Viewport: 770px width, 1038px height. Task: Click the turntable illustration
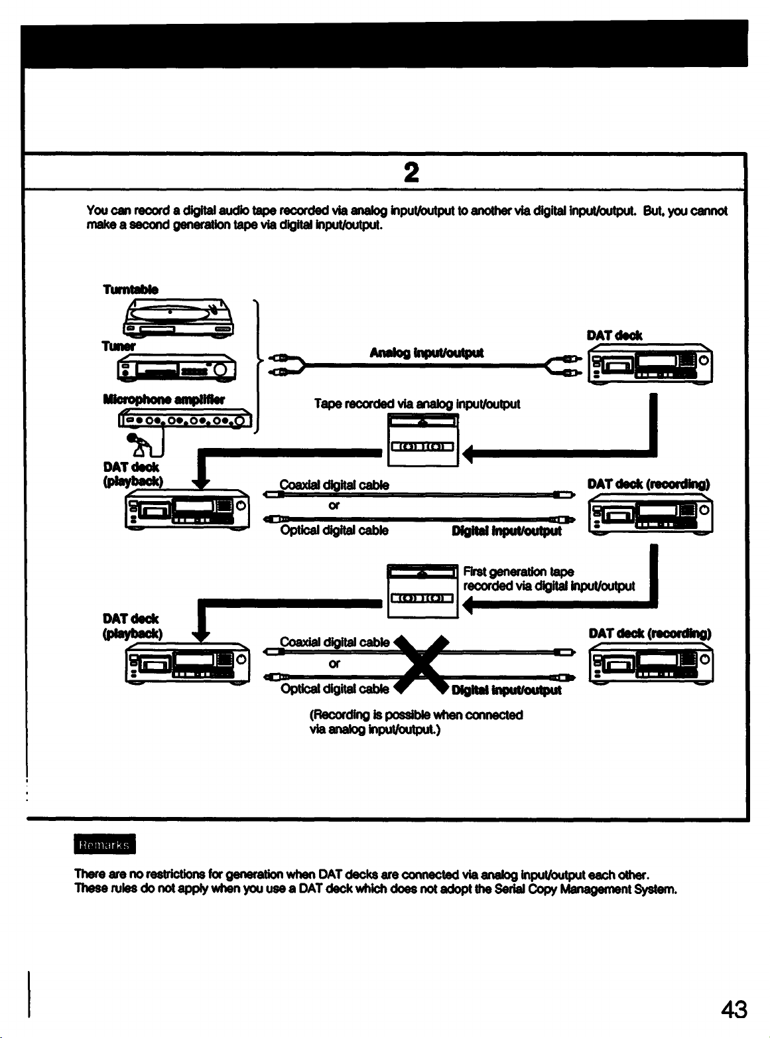[178, 318]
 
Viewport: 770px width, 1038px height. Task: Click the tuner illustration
[177, 368]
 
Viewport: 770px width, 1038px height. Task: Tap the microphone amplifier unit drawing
[185, 418]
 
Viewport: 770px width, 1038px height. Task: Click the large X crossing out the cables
[421, 664]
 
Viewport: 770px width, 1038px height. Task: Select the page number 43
[734, 1009]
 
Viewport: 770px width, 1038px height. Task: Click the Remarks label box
[105, 844]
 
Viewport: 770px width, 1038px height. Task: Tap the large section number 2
[411, 172]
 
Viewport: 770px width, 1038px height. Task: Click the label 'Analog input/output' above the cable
[426, 352]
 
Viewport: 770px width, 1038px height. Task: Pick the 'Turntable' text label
[131, 289]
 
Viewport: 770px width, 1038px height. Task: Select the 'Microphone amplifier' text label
[164, 399]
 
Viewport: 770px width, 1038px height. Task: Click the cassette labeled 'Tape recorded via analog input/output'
[423, 440]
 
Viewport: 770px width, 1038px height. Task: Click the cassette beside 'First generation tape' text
[422, 591]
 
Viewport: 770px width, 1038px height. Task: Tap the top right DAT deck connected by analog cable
[650, 364]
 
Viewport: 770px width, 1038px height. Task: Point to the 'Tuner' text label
[119, 346]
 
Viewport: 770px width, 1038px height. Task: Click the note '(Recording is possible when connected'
[416, 715]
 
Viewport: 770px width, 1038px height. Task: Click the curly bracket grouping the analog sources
[257, 366]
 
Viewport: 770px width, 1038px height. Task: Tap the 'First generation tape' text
[519, 571]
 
